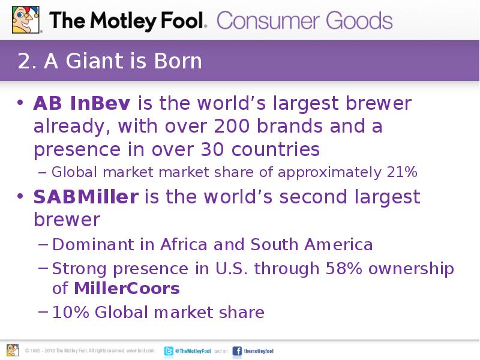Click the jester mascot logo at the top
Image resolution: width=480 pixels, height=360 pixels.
click(24, 19)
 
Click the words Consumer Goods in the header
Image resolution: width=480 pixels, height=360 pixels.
click(305, 21)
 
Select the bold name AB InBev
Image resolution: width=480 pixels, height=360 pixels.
click(81, 104)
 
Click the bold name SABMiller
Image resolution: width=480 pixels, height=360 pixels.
click(86, 197)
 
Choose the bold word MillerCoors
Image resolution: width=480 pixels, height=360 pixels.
click(127, 289)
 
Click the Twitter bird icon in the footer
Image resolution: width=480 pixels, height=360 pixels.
click(169, 350)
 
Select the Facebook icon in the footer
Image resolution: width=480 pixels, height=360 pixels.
click(237, 350)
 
